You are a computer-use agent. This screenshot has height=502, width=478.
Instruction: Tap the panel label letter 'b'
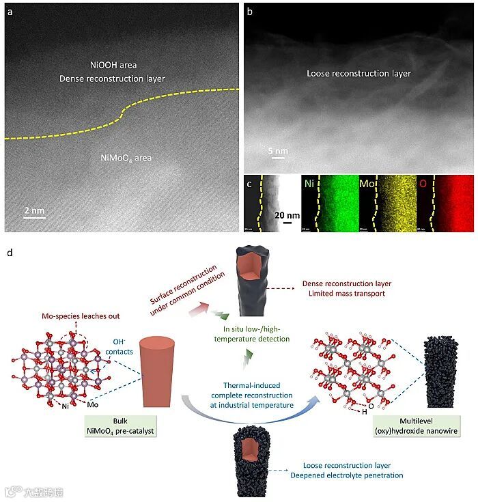point(249,12)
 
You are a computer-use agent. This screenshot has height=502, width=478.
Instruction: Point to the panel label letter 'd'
point(9,253)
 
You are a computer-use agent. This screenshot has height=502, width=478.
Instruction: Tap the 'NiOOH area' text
point(113,66)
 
